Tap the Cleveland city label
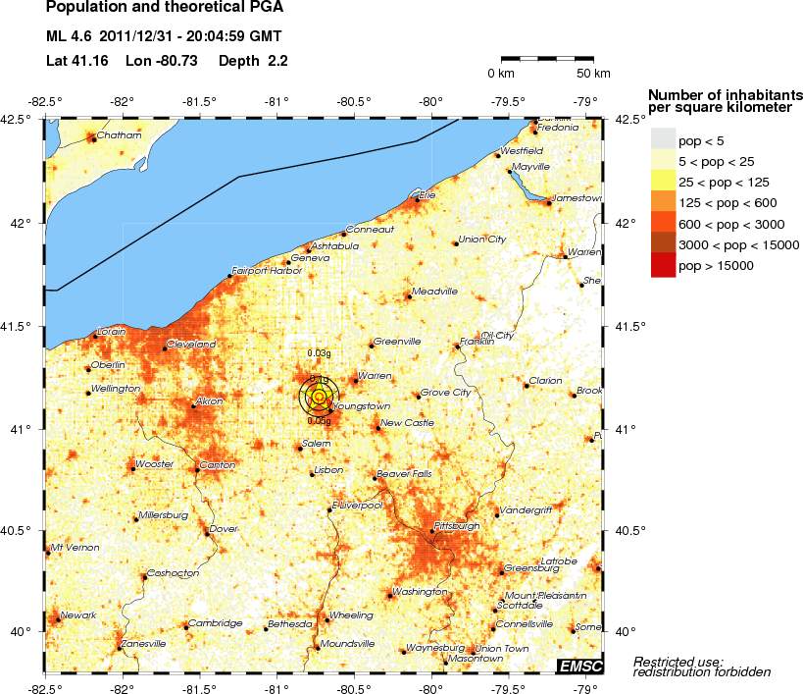191,345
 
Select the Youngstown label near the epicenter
362,405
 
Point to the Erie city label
427,195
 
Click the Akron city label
210,401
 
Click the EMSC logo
579,667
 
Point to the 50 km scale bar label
592,74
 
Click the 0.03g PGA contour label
318,352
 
